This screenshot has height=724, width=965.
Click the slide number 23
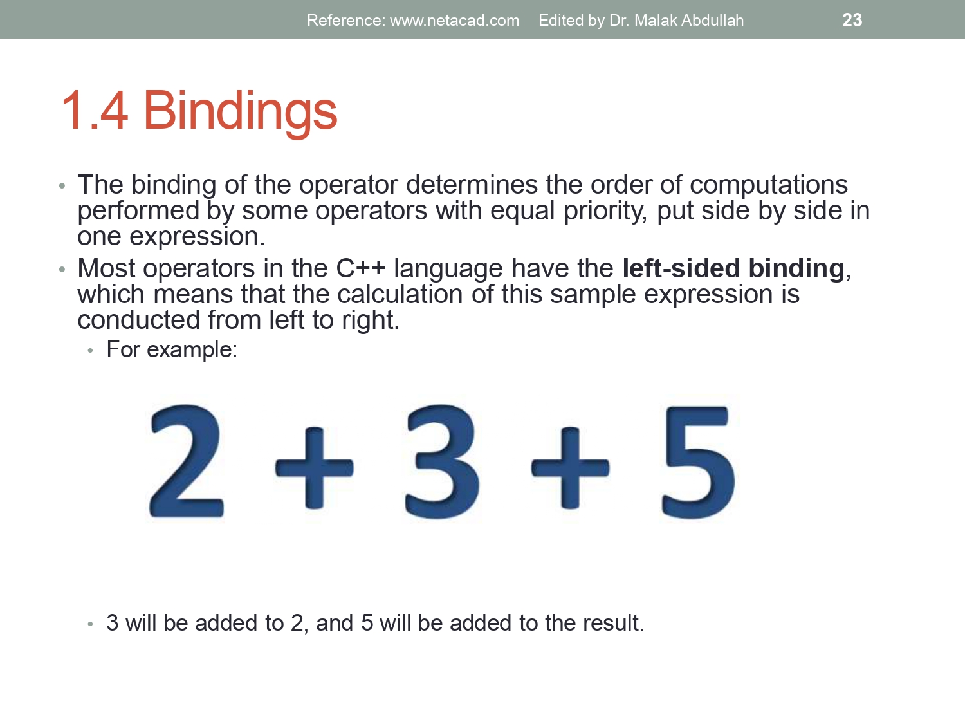(x=852, y=20)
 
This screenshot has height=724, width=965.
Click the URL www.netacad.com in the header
(x=454, y=21)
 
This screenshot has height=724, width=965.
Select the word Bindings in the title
(x=240, y=111)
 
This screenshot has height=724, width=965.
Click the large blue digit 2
(x=186, y=461)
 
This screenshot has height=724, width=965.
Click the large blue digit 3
(x=442, y=461)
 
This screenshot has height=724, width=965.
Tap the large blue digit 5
(x=698, y=462)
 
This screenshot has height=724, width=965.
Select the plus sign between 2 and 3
(x=314, y=467)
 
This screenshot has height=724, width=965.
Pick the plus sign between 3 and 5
(x=570, y=467)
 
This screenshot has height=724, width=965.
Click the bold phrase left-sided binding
(x=733, y=268)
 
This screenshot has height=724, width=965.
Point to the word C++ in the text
(x=360, y=268)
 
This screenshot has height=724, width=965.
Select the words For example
(x=171, y=349)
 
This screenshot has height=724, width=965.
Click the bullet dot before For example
(x=91, y=351)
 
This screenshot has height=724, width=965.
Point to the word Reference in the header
(x=345, y=21)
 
